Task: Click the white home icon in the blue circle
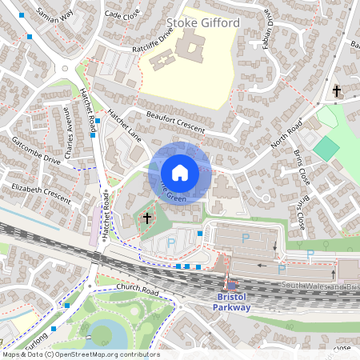180,172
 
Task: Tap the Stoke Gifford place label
204,25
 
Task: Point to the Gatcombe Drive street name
36,150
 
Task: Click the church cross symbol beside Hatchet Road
146,217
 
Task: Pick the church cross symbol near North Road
337,90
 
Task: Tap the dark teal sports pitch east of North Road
326,148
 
